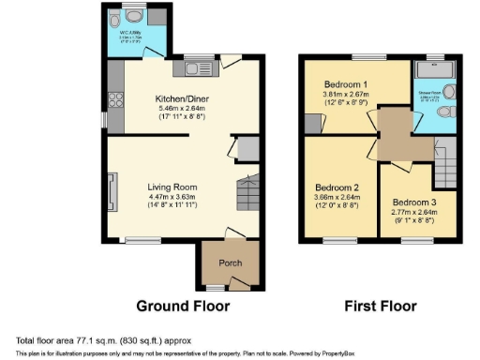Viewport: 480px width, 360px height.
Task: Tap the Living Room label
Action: pos(171,187)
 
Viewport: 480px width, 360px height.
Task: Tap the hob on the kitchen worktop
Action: pos(114,97)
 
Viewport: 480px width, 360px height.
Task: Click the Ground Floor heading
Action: pos(183,307)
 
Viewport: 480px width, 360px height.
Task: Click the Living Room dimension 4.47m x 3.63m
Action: pos(171,198)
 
